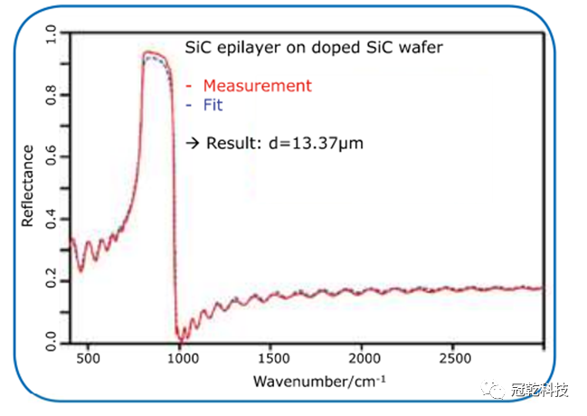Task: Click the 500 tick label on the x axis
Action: [x=88, y=359]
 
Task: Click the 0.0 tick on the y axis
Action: [x=52, y=343]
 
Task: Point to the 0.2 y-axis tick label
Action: [x=52, y=281]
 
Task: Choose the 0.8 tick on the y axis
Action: [x=52, y=95]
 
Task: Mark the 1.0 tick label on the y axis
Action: [x=52, y=34]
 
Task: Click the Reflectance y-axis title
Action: [x=28, y=185]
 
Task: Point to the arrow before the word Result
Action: [x=192, y=143]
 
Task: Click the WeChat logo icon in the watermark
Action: [x=496, y=392]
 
